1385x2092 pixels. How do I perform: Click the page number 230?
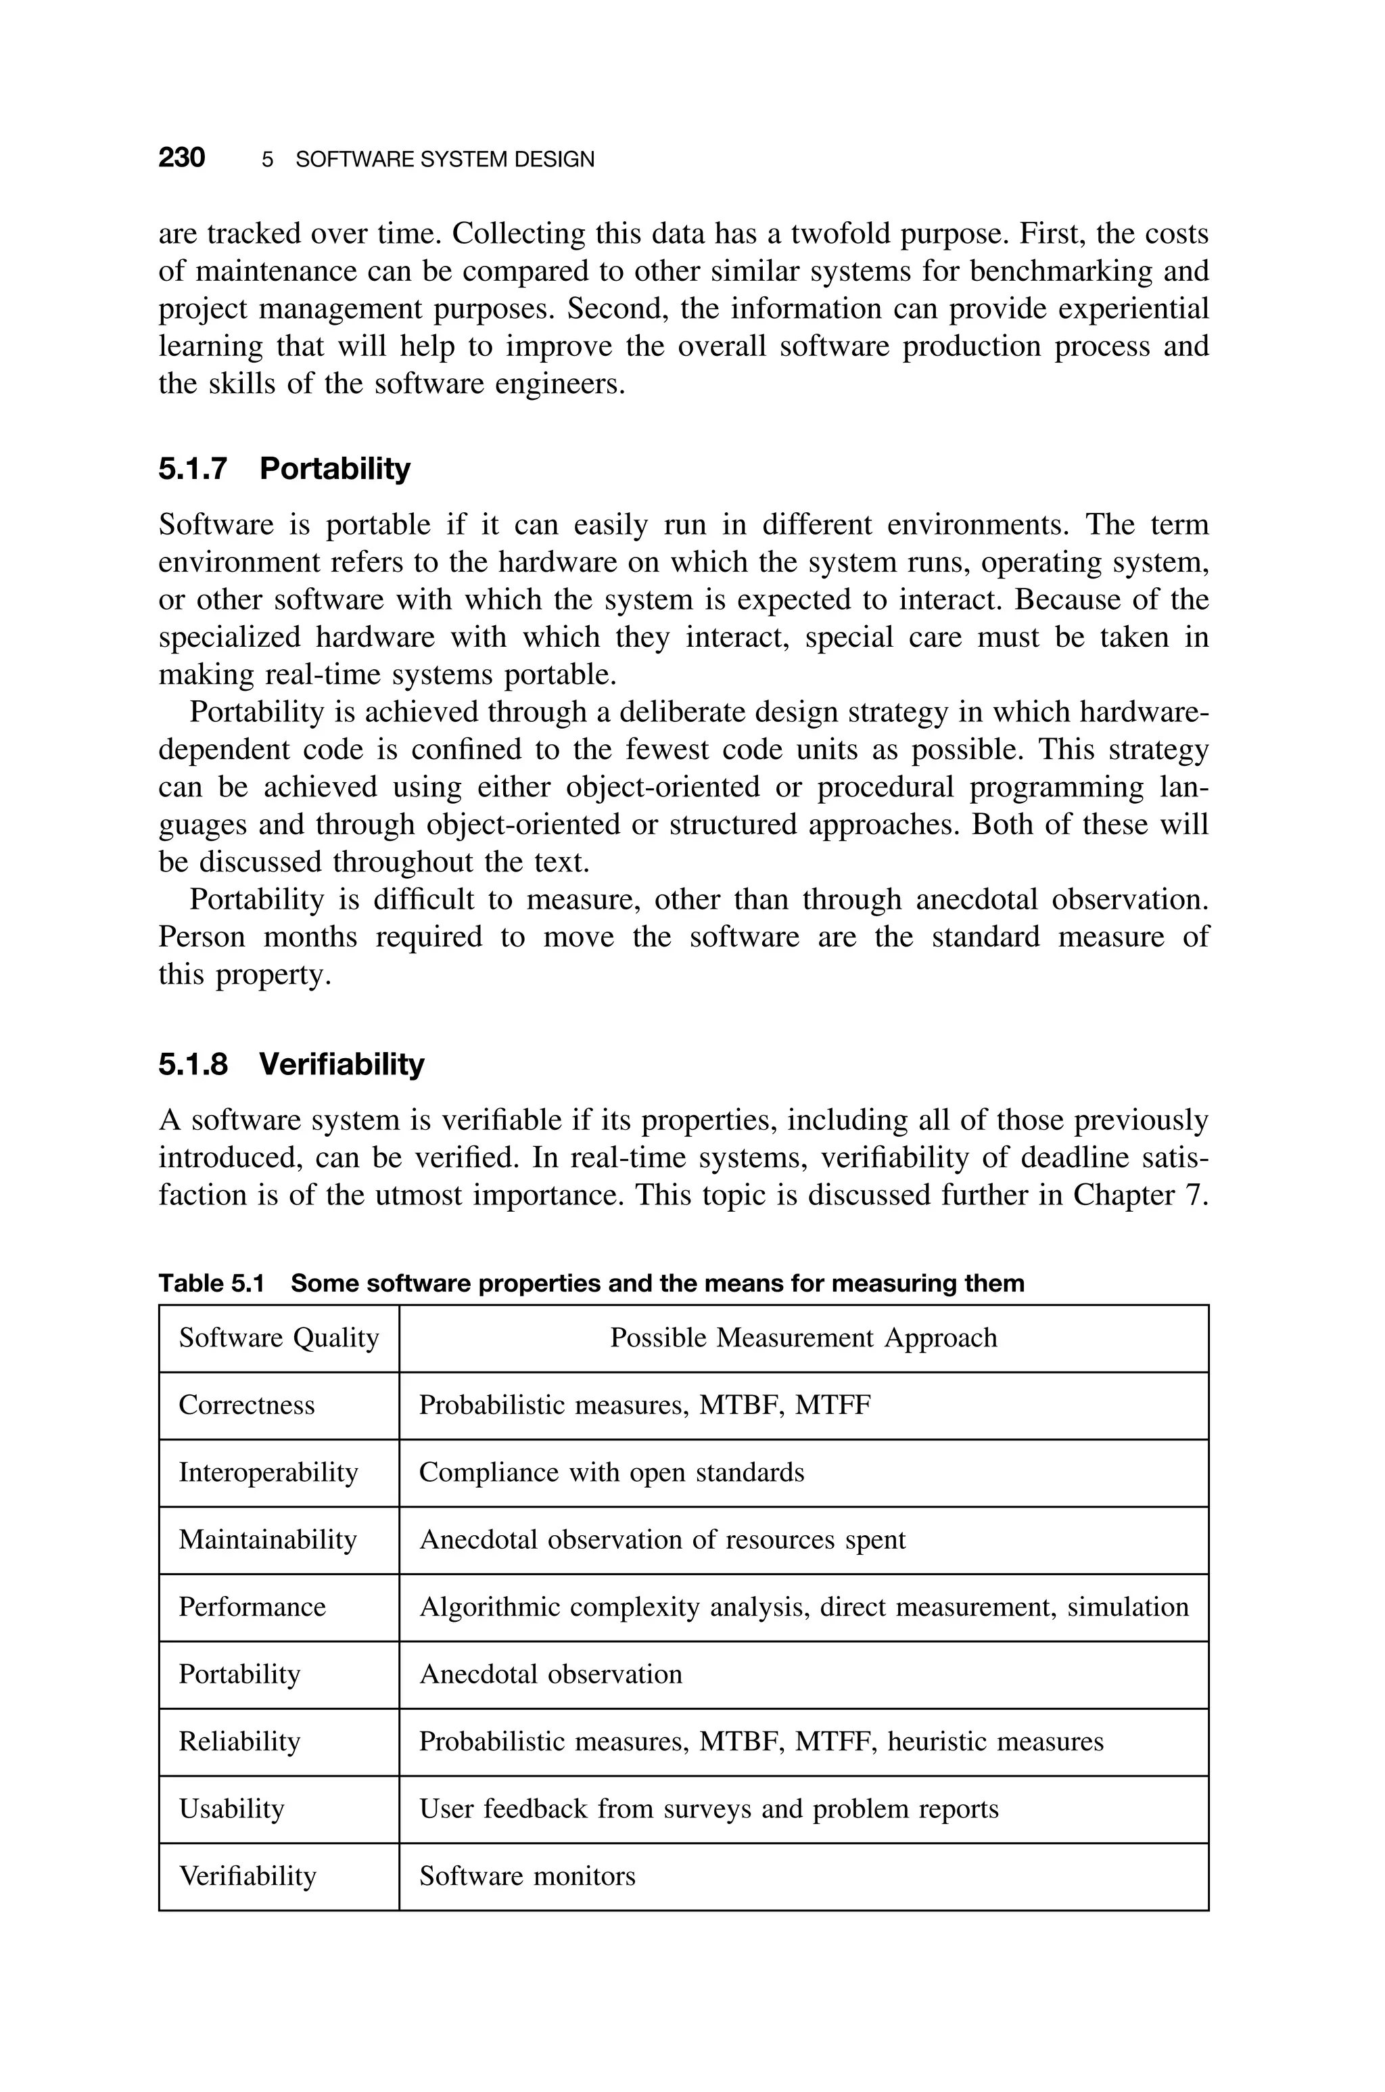181,158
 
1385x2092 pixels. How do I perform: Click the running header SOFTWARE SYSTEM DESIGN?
444,160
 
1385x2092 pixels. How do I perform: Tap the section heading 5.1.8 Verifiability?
291,1064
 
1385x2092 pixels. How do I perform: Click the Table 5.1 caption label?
211,1283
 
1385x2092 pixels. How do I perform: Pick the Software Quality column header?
278,1338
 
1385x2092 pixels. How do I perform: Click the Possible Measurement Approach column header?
803,1338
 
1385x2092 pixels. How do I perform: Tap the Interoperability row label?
268,1472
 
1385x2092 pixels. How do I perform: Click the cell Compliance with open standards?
611,1472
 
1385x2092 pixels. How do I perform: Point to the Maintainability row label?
268,1539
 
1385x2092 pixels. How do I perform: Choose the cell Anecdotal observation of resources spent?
661,1539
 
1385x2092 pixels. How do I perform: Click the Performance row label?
252,1606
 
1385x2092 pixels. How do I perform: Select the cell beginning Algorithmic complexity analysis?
803,1606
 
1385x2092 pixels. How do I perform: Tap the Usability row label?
231,1808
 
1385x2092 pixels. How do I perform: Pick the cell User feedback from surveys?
709,1808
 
